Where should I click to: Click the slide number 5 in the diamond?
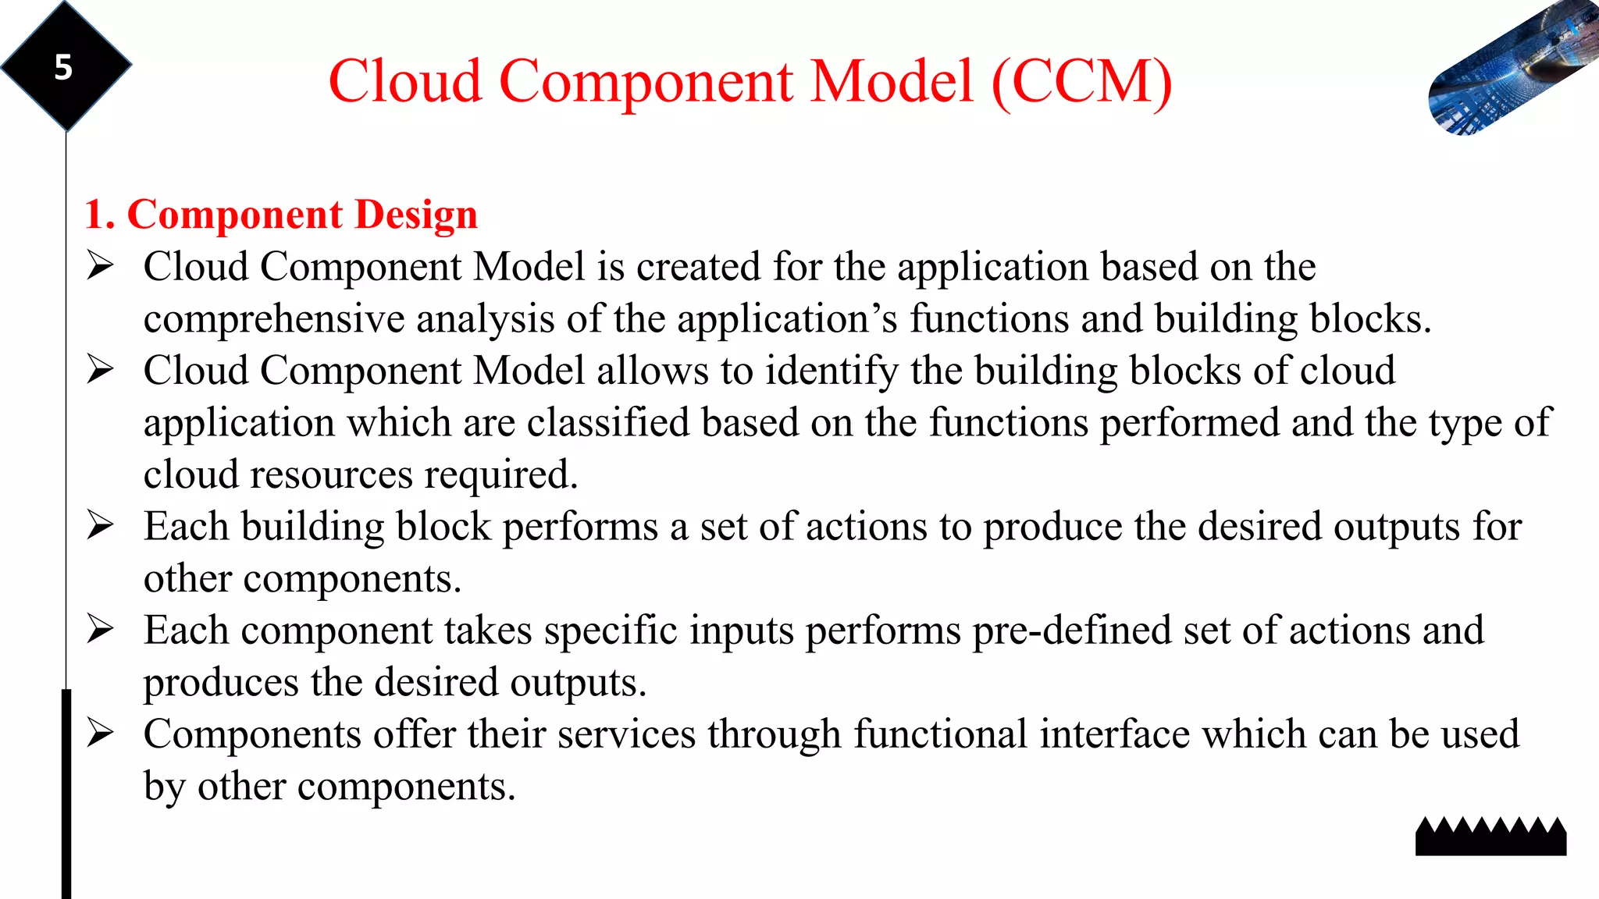tap(63, 68)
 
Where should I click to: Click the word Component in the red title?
tap(646, 81)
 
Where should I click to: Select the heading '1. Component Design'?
tap(281, 215)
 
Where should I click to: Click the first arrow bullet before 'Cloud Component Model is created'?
tap(100, 266)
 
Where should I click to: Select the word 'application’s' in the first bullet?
tap(787, 319)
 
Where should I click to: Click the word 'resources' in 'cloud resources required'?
tap(332, 475)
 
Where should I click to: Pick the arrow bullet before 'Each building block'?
tap(100, 525)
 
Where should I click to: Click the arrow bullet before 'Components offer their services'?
tap(100, 733)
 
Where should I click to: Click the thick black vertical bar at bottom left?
tap(66, 792)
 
